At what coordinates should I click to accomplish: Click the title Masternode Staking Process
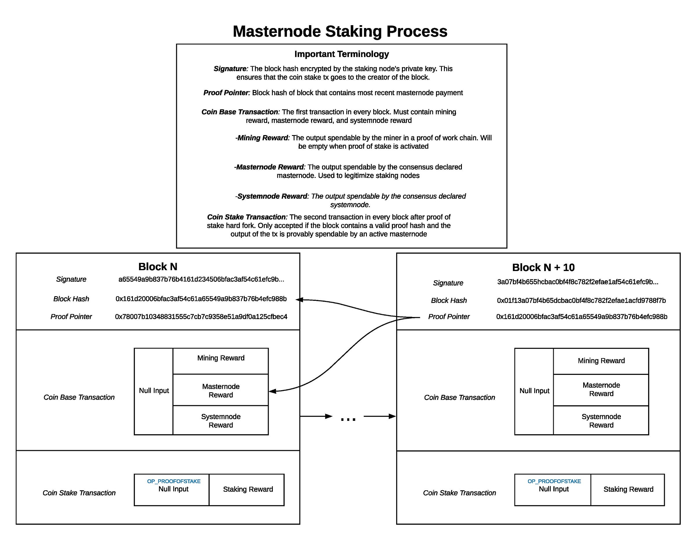340,32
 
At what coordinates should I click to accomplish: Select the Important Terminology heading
341,54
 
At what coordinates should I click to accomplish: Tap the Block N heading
158,266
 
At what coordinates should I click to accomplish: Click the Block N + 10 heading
543,267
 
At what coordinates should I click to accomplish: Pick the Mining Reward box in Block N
221,361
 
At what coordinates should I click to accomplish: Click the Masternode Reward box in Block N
221,390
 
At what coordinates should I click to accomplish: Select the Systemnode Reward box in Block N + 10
601,420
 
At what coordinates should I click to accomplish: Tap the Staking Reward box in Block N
247,490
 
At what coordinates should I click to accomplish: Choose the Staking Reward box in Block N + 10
628,490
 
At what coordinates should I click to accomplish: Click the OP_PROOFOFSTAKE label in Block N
174,481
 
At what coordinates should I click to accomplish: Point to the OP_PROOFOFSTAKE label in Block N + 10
554,481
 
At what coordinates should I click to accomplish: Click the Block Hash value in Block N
201,299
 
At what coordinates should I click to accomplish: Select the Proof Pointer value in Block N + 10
582,317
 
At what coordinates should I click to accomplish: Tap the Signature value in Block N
201,279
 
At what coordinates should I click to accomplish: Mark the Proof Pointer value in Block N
201,317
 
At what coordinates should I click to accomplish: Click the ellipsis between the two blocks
348,419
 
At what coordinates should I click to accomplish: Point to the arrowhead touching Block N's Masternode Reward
272,391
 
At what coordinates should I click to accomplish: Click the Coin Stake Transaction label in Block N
79,493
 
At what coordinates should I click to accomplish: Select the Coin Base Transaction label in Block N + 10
460,397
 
